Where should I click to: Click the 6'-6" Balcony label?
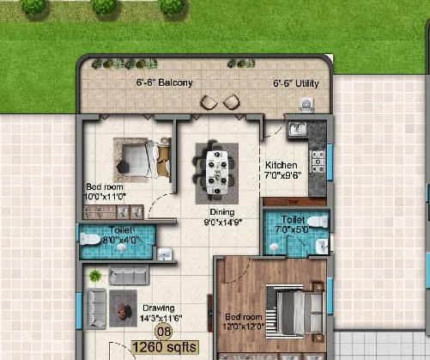click(x=165, y=82)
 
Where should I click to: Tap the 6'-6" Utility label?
click(x=296, y=83)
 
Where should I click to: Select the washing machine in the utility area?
click(x=306, y=104)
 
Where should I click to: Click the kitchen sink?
click(x=298, y=129)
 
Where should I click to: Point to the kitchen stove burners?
click(x=318, y=162)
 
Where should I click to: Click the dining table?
click(x=217, y=173)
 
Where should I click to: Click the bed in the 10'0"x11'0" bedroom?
click(x=146, y=159)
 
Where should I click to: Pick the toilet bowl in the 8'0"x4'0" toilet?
click(x=90, y=239)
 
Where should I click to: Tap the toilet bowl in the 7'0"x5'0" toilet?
click(x=318, y=222)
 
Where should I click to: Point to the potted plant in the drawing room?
click(x=95, y=276)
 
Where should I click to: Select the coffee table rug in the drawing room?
click(x=123, y=308)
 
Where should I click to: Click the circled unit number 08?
click(x=164, y=332)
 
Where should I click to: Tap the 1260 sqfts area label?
click(x=165, y=347)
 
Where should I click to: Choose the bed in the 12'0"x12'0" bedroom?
click(x=294, y=312)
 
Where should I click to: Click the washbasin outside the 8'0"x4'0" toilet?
click(x=165, y=254)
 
